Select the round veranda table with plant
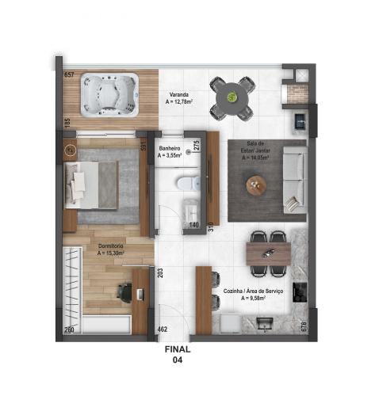pyautogui.click(x=232, y=97)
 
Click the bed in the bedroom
pyautogui.click(x=94, y=184)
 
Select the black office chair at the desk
pyautogui.click(x=124, y=291)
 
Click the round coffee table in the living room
pyautogui.click(x=256, y=186)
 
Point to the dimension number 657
pyautogui.click(x=69, y=74)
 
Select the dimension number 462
pyautogui.click(x=163, y=329)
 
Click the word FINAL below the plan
pyautogui.click(x=178, y=348)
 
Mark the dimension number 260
pyautogui.click(x=69, y=329)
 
